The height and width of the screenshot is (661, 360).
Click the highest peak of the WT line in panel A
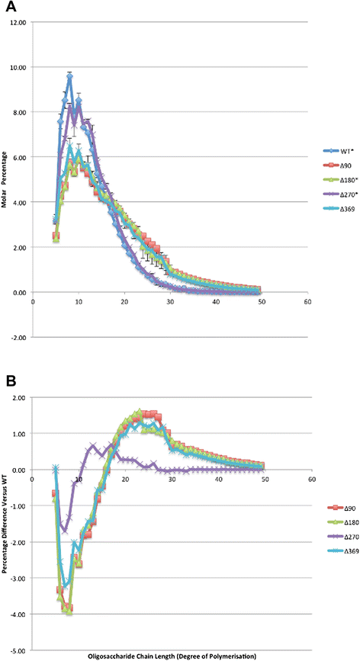tap(69, 75)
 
